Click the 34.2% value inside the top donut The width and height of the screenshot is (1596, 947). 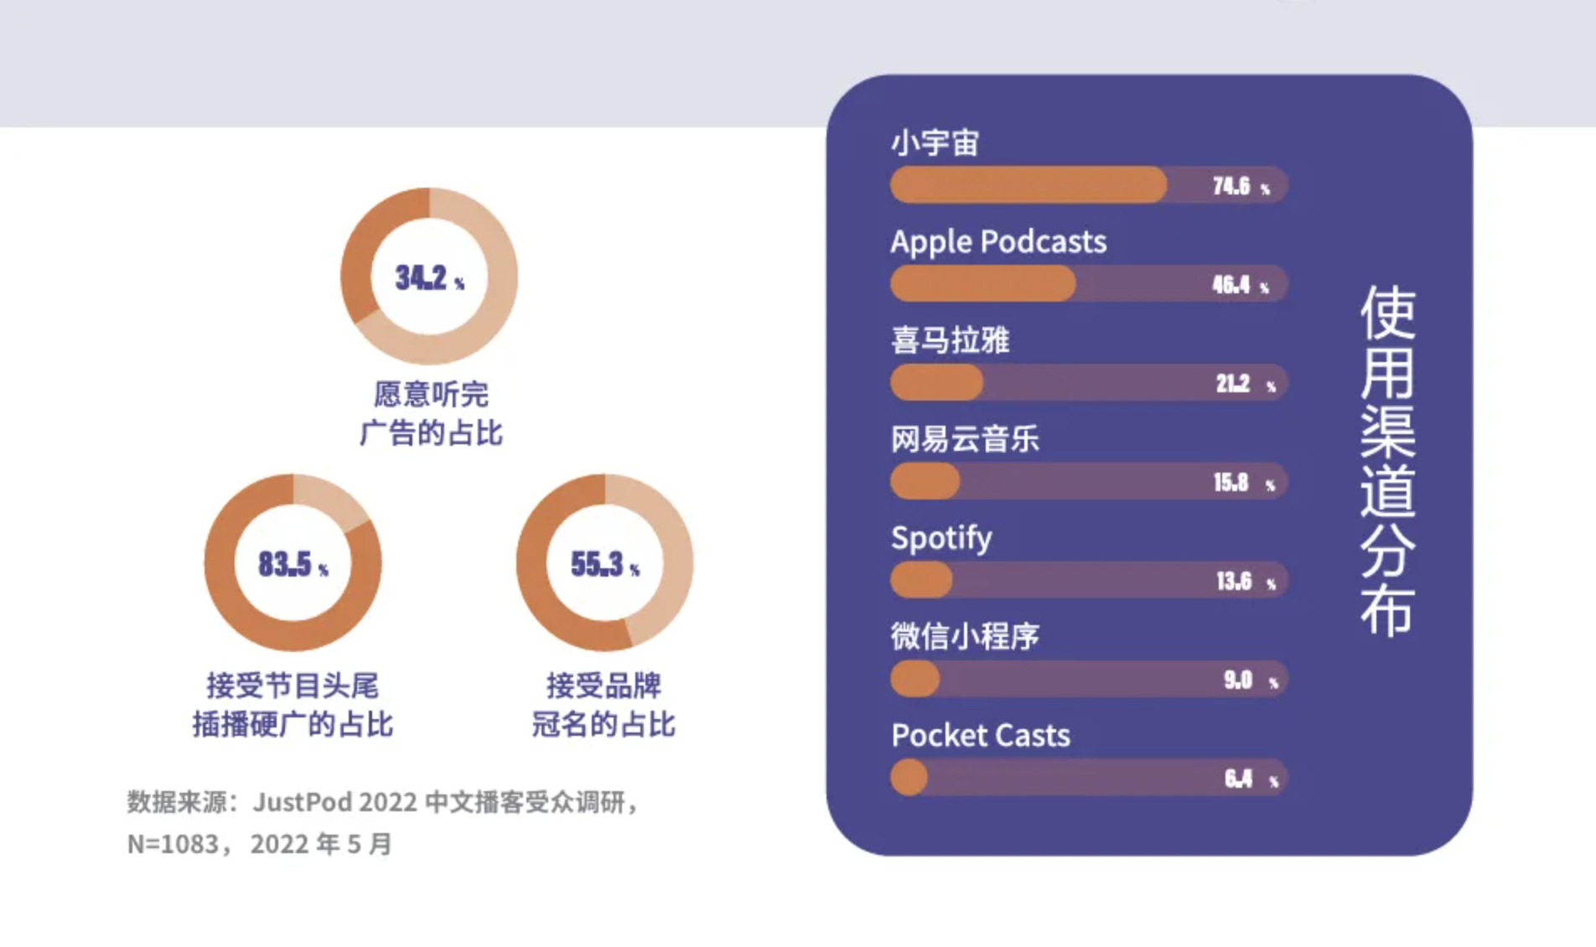click(429, 277)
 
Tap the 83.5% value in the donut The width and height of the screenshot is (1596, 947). click(293, 564)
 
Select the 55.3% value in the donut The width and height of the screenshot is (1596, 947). click(604, 564)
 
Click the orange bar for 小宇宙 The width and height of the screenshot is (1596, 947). click(1029, 184)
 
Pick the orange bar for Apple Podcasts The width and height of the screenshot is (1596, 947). click(983, 283)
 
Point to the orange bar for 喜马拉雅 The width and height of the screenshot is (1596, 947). click(937, 382)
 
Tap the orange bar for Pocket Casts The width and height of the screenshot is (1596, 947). click(909, 778)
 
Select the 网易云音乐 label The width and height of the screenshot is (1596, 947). click(965, 438)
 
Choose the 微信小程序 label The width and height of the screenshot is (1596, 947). click(965, 636)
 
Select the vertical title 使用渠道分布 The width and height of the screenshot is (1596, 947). click(1388, 461)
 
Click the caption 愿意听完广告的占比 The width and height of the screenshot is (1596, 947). click(431, 413)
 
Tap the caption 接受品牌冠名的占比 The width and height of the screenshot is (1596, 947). click(604, 705)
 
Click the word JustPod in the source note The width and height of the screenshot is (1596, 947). click(303, 802)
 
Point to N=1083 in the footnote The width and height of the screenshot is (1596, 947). click(173, 843)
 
